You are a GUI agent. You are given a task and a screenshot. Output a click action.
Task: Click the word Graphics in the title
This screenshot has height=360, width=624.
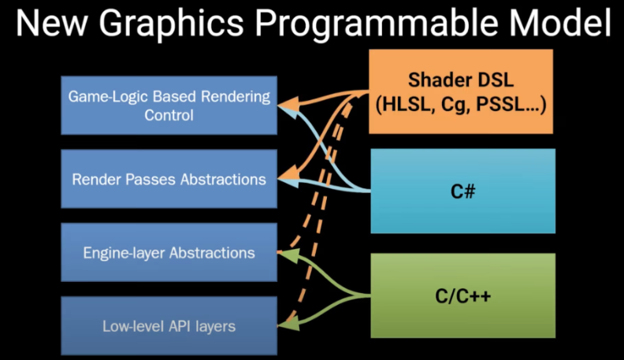point(171,24)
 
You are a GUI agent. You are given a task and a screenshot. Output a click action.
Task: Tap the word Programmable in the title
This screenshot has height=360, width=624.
point(377,24)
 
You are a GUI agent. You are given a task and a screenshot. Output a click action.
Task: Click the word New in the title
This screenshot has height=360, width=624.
point(52,22)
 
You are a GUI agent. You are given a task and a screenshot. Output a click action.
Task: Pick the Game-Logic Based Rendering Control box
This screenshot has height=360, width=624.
point(169,106)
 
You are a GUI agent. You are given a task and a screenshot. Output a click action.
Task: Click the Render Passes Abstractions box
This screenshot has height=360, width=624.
point(169,179)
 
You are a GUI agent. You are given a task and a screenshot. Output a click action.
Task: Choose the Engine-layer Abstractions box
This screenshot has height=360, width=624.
point(169,252)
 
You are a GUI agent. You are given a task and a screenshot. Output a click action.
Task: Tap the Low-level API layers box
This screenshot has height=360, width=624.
point(169,326)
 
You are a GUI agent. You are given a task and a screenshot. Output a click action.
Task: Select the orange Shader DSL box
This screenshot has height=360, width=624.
point(461,91)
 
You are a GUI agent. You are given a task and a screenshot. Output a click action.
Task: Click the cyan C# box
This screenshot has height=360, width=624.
point(462,191)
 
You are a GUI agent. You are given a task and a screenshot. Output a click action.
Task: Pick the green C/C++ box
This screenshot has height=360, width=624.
point(462,295)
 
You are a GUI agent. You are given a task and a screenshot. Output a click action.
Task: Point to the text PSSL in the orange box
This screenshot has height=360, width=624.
point(500,104)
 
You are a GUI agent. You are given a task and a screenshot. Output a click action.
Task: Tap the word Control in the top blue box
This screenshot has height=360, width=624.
point(169,115)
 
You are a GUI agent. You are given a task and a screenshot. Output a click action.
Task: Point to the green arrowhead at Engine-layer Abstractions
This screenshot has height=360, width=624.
point(288,255)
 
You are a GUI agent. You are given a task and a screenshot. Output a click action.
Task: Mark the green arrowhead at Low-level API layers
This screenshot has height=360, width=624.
point(288,324)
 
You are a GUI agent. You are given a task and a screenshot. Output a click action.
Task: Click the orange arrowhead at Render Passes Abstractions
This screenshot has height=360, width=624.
point(288,174)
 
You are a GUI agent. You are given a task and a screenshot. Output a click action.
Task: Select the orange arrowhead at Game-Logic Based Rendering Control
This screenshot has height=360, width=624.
point(288,105)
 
